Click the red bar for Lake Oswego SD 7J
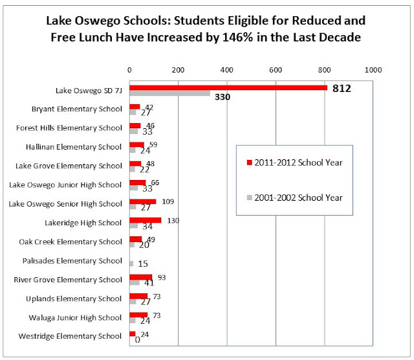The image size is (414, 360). coord(228,87)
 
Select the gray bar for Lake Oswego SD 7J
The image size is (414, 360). coord(169,94)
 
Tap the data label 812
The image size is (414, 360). coord(341,88)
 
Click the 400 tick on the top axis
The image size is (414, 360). coord(226,69)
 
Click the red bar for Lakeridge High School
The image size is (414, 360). coord(146,220)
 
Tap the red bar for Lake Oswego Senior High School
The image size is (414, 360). coord(143,201)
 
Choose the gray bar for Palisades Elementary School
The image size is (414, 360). coord(131,264)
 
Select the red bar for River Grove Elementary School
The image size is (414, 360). coord(141,276)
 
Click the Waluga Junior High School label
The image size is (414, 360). coord(80,317)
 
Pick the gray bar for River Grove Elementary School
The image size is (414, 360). coord(135,282)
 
